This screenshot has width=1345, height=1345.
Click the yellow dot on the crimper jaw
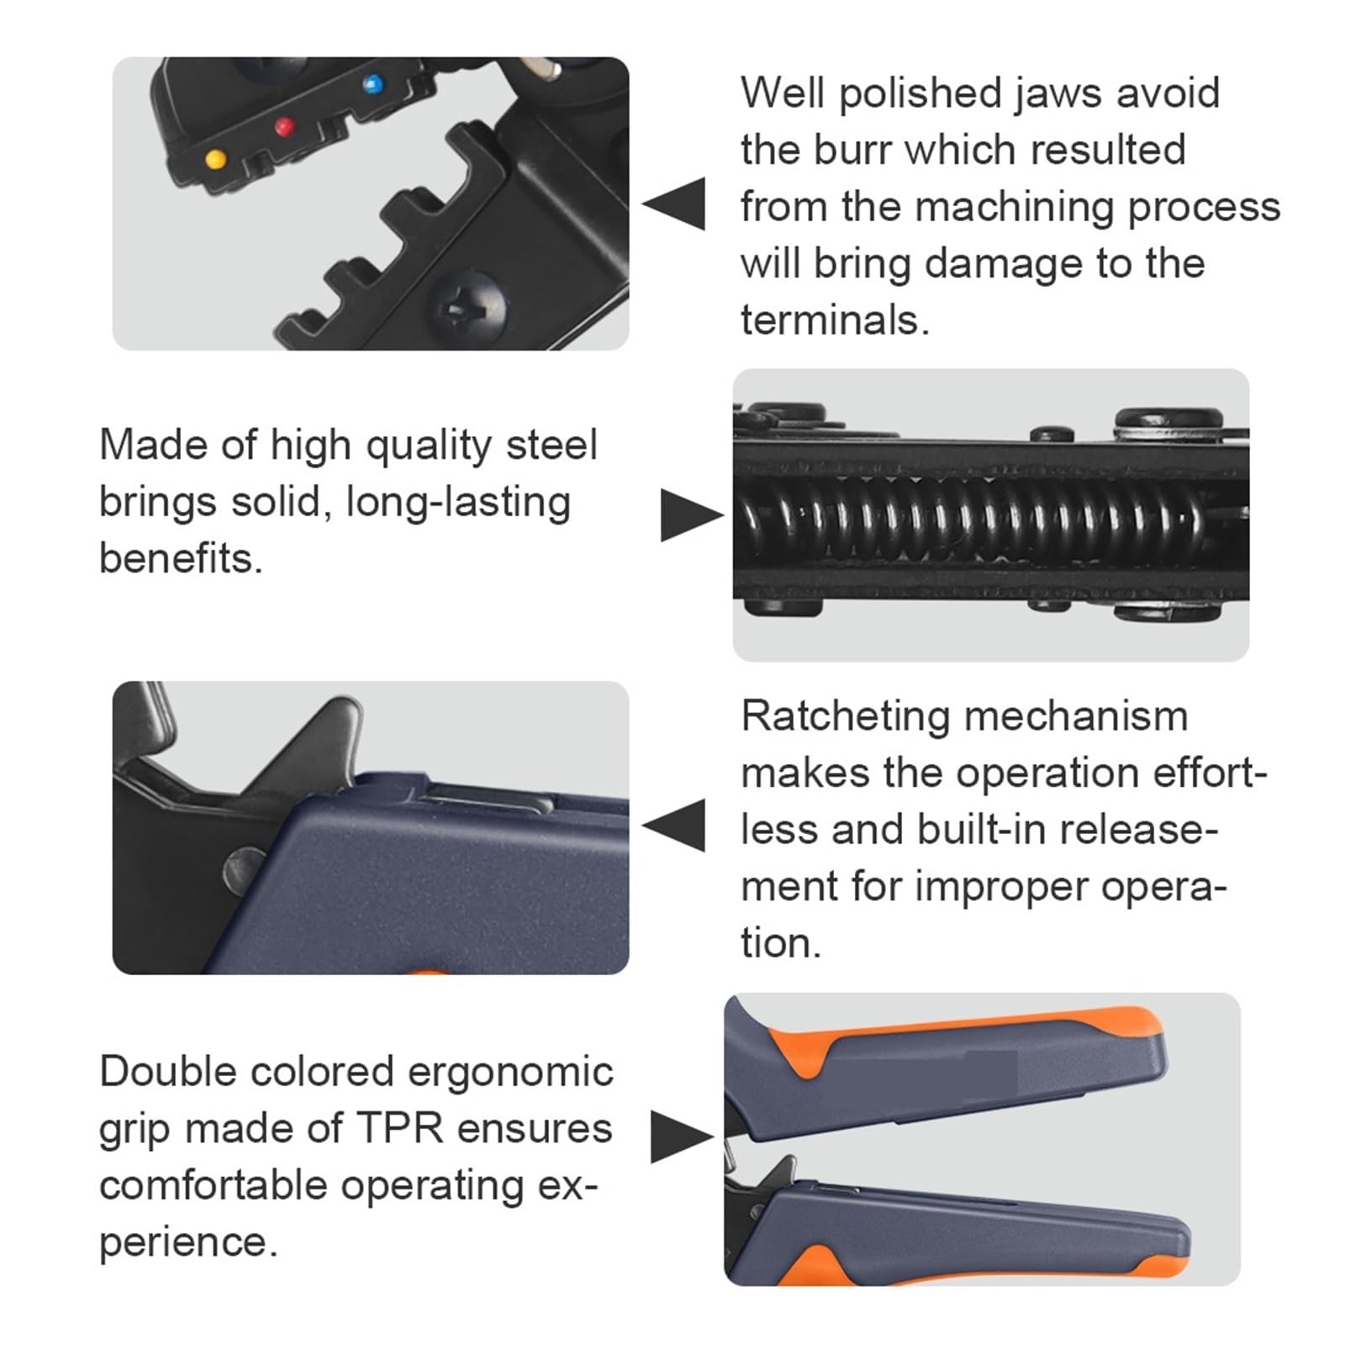(215, 158)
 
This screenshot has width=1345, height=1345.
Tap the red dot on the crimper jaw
(285, 127)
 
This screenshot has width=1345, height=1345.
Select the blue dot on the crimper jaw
(372, 83)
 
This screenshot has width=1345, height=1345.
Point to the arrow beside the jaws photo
(673, 203)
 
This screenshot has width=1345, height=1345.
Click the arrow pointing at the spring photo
(692, 515)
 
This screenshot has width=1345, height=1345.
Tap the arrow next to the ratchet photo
(673, 825)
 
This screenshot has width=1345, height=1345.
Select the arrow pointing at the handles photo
(683, 1137)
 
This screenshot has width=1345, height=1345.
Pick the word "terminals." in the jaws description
(835, 320)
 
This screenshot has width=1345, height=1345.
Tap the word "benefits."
(181, 558)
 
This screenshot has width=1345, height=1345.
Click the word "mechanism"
(1076, 718)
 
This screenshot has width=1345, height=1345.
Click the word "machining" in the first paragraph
(1015, 208)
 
